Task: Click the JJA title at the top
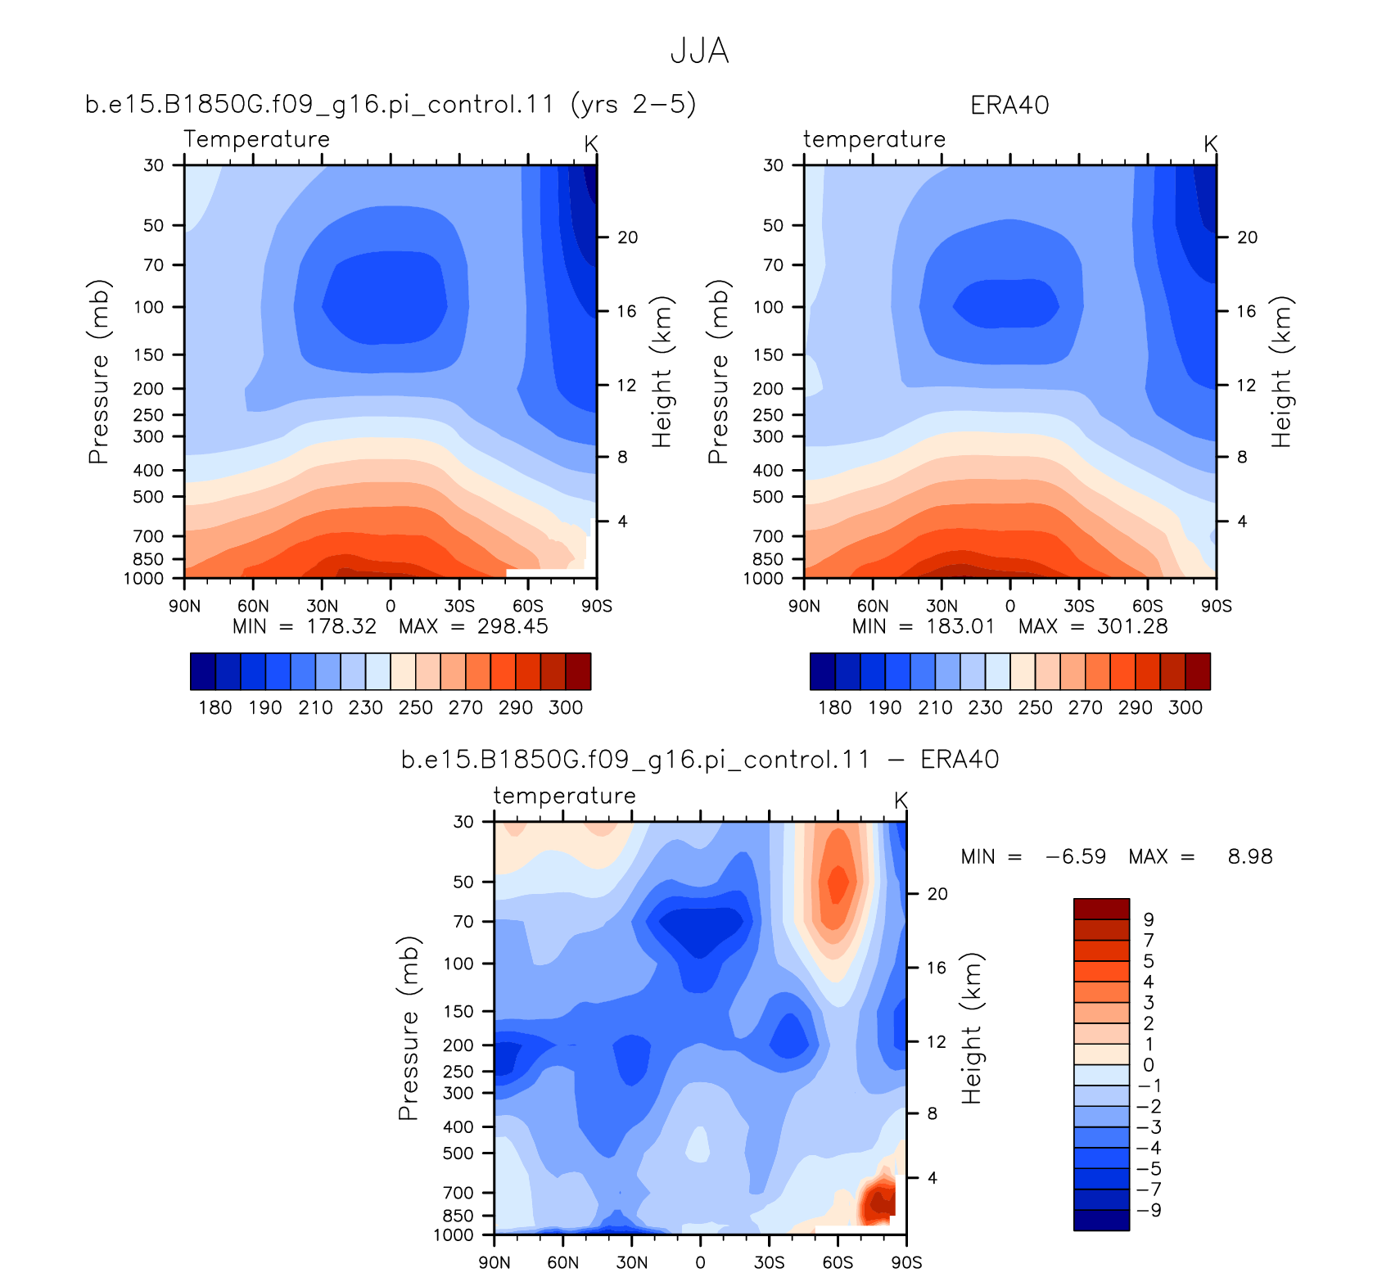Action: coord(699,51)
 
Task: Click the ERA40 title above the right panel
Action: coord(1009,106)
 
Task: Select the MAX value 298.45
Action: coord(513,626)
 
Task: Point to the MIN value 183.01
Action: coord(960,626)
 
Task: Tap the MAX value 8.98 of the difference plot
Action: coord(1250,857)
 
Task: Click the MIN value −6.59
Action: coord(1076,857)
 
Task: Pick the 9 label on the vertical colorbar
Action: coord(1149,920)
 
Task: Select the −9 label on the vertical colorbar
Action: coord(1149,1210)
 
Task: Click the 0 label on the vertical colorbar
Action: coord(1149,1065)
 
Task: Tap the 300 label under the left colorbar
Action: coord(566,707)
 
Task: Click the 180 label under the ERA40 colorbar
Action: coord(835,707)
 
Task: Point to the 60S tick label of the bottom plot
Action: coord(838,1262)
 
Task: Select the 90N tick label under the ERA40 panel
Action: coord(804,606)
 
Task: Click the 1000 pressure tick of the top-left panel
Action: coord(143,579)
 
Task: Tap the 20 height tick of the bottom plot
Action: coord(937,894)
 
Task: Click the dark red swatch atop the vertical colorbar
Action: coord(1101,909)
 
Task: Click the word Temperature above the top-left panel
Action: coord(256,139)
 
